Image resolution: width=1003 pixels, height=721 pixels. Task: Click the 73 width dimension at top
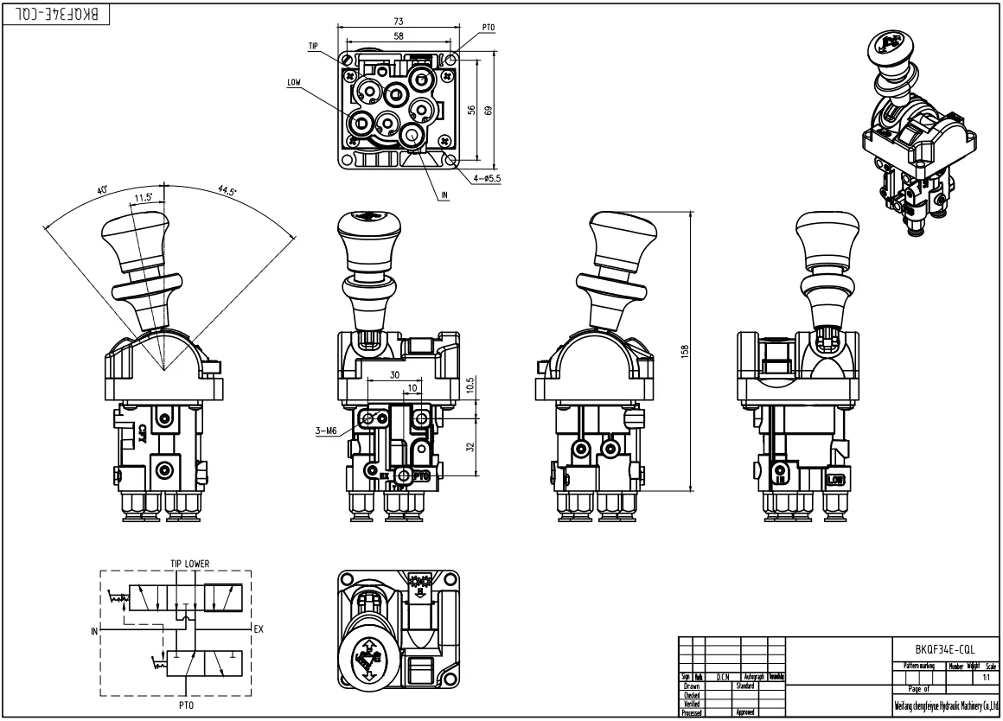[397, 21]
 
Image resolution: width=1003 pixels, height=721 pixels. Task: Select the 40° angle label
[104, 190]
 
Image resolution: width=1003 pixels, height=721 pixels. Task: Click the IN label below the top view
[444, 195]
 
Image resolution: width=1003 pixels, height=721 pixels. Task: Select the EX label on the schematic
[258, 628]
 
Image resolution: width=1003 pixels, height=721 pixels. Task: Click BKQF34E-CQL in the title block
[945, 648]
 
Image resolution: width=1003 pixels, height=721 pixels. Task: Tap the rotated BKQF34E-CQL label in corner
[57, 15]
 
